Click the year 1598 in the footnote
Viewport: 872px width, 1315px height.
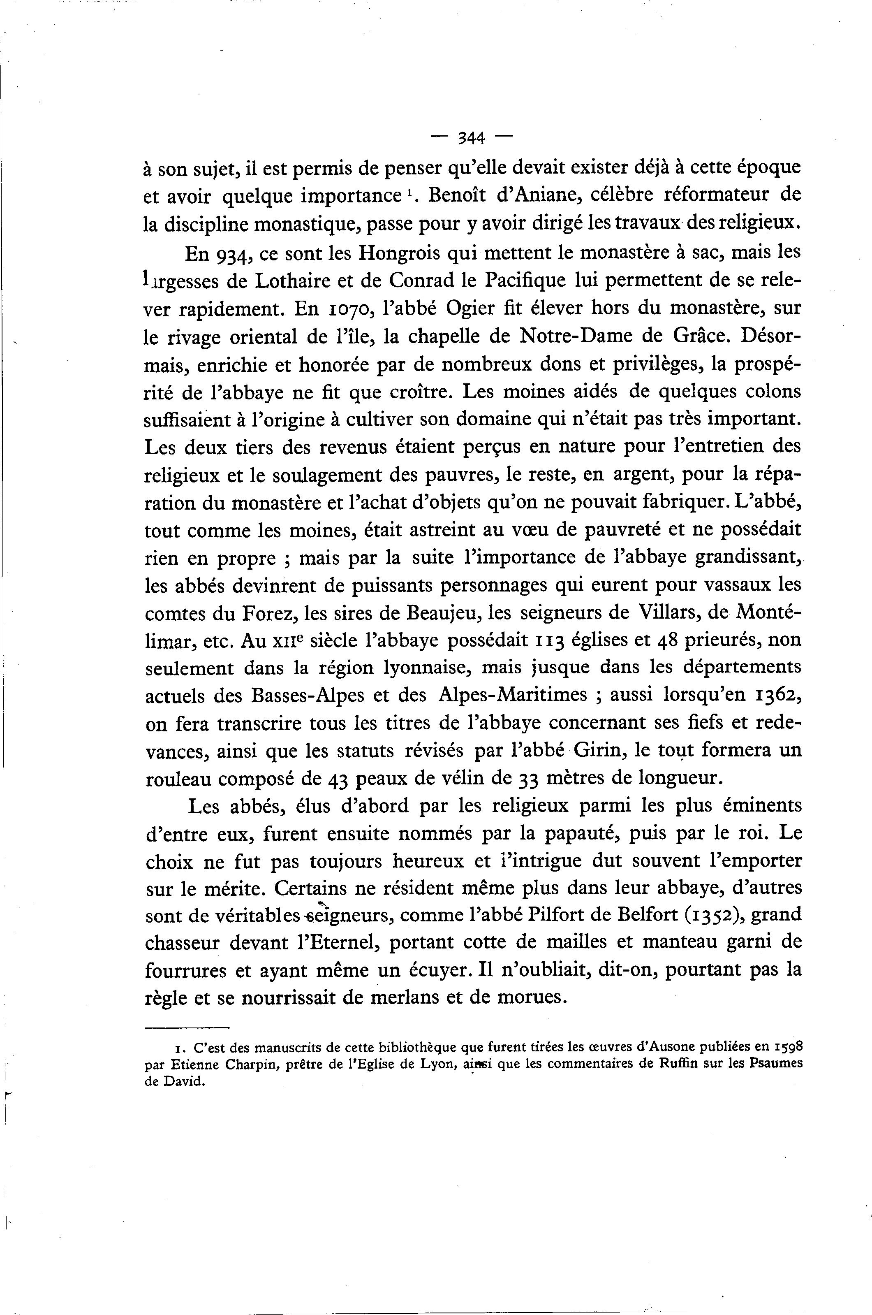[787, 1047]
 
